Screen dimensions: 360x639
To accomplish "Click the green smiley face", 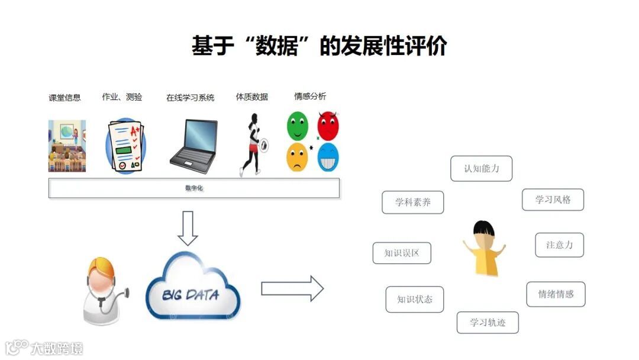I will tap(298, 125).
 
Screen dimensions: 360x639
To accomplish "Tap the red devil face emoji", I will tap(328, 126).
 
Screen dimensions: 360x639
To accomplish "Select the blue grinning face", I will tap(328, 157).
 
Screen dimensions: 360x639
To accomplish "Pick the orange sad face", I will tap(297, 157).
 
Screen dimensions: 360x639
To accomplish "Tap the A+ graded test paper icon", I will tap(125, 146).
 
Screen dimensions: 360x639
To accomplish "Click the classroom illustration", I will tap(67, 146).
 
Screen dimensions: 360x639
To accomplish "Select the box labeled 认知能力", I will tap(481, 169).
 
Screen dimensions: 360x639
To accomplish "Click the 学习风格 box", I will tap(553, 200).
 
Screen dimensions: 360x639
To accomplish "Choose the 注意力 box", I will tap(559, 245).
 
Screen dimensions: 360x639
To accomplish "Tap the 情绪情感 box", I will tap(556, 294).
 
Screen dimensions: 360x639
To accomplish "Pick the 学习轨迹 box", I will tap(488, 323).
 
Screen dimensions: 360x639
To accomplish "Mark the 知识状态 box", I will tap(415, 300).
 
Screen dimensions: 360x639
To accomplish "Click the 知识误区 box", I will tap(402, 253).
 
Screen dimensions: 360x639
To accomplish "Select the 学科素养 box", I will tap(412, 202).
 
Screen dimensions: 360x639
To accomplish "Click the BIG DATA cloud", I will tap(192, 287).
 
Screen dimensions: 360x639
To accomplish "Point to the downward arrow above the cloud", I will tap(188, 228).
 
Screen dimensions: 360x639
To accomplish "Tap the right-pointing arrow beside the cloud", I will tap(292, 289).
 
